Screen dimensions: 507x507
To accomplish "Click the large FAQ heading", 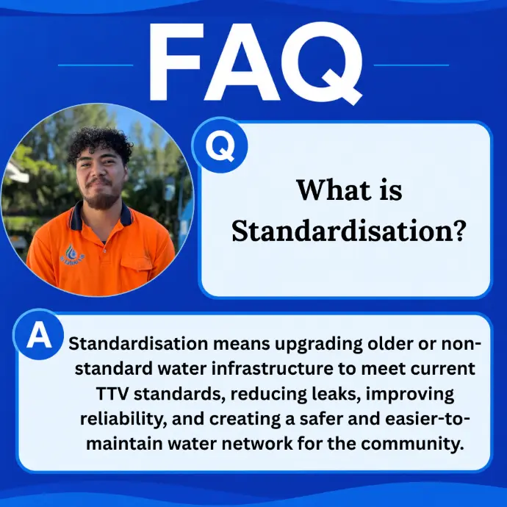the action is tap(256, 63).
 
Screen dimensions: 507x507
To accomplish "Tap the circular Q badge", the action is tap(220, 145).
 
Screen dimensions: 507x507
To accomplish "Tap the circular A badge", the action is tap(39, 334).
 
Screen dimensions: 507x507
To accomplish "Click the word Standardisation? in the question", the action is tap(349, 231).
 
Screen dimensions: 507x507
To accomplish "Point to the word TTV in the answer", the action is tap(112, 394).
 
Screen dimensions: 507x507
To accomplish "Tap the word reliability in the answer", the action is tap(123, 420).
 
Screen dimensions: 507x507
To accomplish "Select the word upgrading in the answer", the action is tap(319, 344).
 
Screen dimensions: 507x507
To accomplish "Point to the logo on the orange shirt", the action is tap(72, 253).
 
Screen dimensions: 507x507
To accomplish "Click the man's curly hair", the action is tap(99, 144).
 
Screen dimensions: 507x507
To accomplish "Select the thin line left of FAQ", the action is tap(96, 65).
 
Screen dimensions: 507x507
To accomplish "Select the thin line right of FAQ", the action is tap(411, 65).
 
